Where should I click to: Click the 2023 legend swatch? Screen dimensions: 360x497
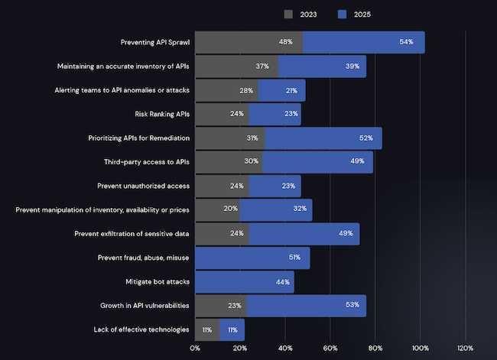coord(288,14)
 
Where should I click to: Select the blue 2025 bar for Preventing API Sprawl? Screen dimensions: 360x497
coord(363,42)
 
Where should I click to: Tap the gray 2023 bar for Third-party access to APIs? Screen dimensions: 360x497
coord(229,162)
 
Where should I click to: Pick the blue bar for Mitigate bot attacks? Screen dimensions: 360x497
coord(245,281)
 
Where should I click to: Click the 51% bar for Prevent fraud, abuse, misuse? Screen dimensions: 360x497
coord(252,258)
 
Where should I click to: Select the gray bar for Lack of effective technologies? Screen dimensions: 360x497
coord(207,329)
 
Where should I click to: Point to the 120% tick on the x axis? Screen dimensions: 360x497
coord(465,349)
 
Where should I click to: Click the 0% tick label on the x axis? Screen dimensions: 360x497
coord(195,349)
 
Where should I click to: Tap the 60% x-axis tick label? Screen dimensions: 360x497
coord(330,349)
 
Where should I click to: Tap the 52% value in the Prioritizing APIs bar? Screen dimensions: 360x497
coord(365,138)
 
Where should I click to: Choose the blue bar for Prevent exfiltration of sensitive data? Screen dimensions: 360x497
coord(304,234)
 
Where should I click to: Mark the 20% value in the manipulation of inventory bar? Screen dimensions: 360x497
coord(230,209)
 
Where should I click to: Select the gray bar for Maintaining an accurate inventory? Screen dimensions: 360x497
coord(236,66)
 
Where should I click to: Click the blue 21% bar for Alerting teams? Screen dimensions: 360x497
coord(281,90)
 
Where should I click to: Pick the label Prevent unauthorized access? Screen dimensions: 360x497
coord(144,186)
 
